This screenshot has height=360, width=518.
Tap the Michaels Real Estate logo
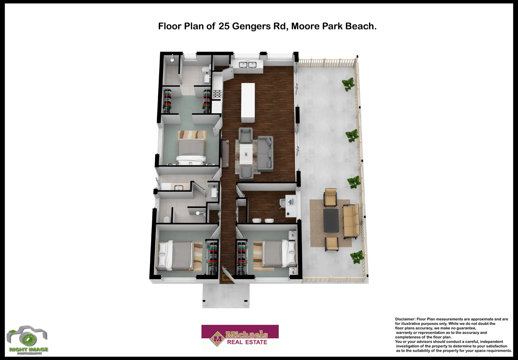pyautogui.click(x=240, y=338)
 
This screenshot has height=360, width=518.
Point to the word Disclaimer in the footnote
pyautogui.click(x=405, y=319)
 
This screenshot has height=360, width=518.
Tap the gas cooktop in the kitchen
pyautogui.click(x=217, y=94)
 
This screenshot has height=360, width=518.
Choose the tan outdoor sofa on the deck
pyautogui.click(x=351, y=221)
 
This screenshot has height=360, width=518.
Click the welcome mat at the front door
pyautogui.click(x=227, y=277)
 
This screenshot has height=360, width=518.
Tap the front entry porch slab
pyautogui.click(x=226, y=295)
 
